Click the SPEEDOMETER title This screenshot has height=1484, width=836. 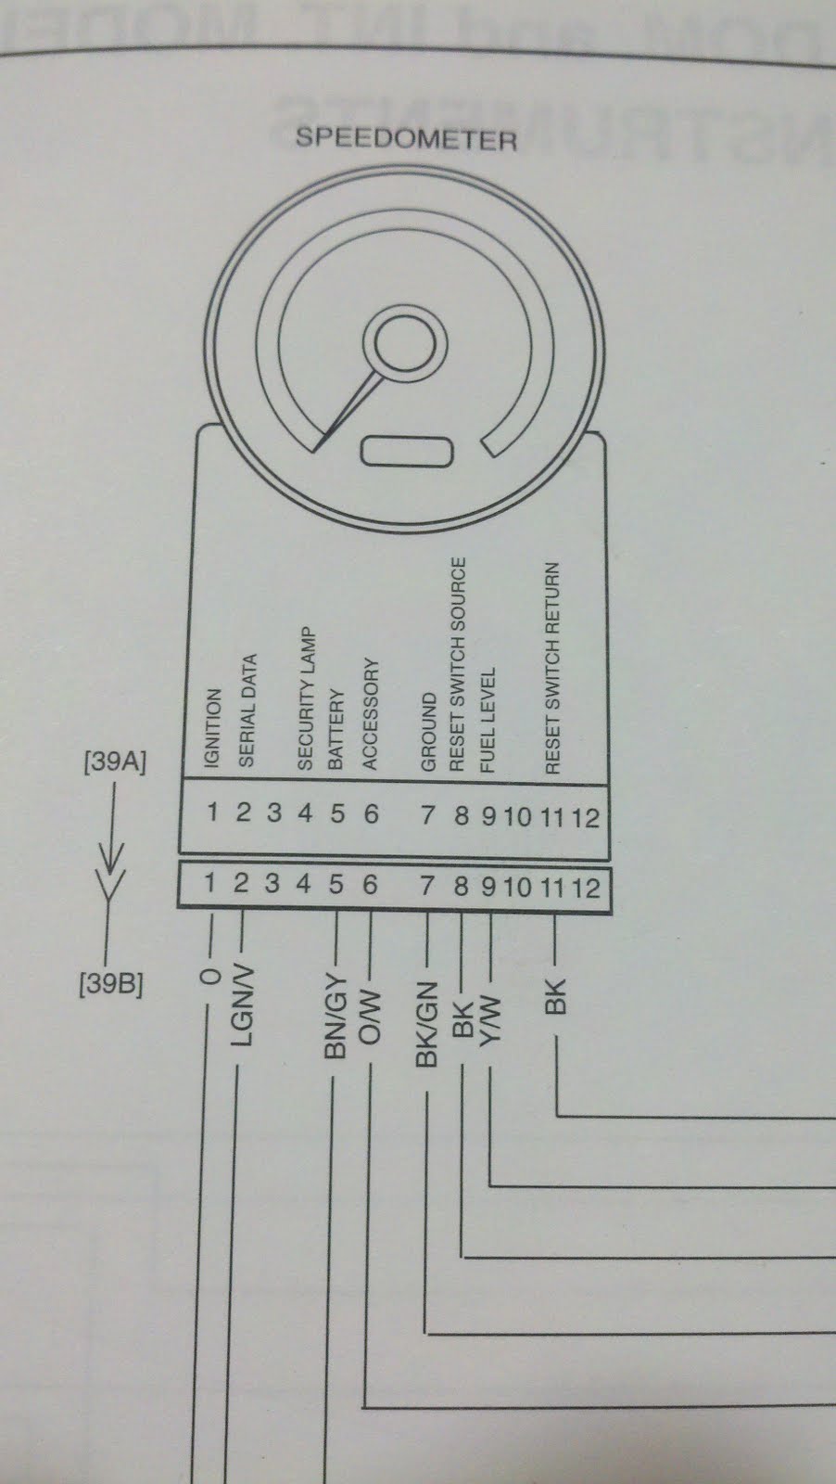pyautogui.click(x=405, y=139)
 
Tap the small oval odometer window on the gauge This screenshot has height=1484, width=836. pyautogui.click(x=407, y=452)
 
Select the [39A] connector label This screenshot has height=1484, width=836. pyautogui.click(x=114, y=762)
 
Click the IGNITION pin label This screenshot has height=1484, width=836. pyautogui.click(x=213, y=728)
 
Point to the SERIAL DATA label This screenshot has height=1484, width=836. pyautogui.click(x=247, y=711)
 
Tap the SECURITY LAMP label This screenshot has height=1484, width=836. pyautogui.click(x=306, y=700)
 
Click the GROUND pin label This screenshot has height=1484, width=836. pyautogui.click(x=428, y=732)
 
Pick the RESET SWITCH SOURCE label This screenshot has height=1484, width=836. pyautogui.click(x=458, y=664)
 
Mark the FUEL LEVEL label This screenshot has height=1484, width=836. pyautogui.click(x=488, y=721)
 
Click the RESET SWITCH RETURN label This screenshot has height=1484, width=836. pyautogui.click(x=553, y=668)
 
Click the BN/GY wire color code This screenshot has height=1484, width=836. pyautogui.click(x=336, y=1017)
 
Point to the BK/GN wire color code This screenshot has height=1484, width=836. pyautogui.click(x=426, y=1023)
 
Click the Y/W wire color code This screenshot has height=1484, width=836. pyautogui.click(x=490, y=1019)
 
